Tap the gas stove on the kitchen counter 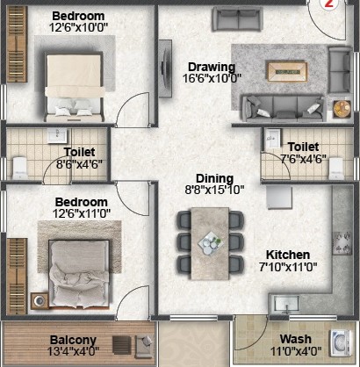click(342, 243)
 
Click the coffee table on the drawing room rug click(287, 71)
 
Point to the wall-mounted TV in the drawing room click(165, 68)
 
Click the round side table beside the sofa click(342, 109)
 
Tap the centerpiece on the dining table click(210, 243)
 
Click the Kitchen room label click(288, 255)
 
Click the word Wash click(296, 339)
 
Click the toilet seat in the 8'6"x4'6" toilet click(20, 168)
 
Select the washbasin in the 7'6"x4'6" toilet click(273, 139)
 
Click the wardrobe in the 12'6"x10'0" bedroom click(17, 44)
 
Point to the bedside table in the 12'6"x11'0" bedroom click(40, 301)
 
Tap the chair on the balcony click(144, 347)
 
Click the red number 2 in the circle click(329, 4)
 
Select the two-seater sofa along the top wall click(237, 18)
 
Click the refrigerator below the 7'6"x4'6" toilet click(279, 198)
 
